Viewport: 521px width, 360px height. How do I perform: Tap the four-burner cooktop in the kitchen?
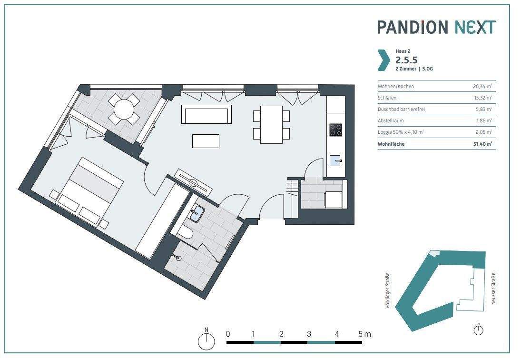pyautogui.click(x=335, y=130)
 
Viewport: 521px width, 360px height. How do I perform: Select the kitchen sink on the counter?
pyautogui.click(x=335, y=160)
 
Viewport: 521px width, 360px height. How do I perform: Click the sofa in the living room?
pyautogui.click(x=206, y=114)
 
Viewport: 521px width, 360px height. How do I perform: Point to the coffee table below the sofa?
pyautogui.click(x=206, y=141)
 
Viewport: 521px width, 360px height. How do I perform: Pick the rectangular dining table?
pyautogui.click(x=271, y=125)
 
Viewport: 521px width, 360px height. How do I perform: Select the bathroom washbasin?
pyautogui.click(x=197, y=213)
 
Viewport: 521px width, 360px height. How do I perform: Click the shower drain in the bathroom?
pyautogui.click(x=179, y=258)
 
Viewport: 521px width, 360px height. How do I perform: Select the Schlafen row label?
pyautogui.click(x=387, y=98)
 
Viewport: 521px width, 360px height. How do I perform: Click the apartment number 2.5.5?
pyautogui.click(x=406, y=60)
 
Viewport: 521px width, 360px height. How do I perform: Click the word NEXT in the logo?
pyautogui.click(x=475, y=27)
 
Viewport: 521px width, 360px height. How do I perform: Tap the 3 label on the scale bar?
pyautogui.click(x=309, y=334)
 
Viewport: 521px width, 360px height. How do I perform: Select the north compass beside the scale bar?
pyautogui.click(x=206, y=340)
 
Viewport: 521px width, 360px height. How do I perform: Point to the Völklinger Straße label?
pyautogui.click(x=387, y=290)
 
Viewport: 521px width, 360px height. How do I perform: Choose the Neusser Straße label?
pyautogui.click(x=493, y=289)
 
